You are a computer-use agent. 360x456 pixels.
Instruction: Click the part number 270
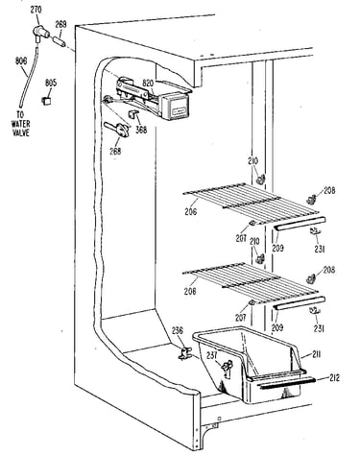click(x=36, y=10)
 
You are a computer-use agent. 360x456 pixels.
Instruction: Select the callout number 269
click(x=60, y=24)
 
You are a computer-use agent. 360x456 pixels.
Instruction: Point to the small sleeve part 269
click(x=59, y=41)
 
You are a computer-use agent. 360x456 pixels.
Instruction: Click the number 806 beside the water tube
click(x=21, y=60)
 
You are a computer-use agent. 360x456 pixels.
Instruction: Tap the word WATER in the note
click(x=21, y=124)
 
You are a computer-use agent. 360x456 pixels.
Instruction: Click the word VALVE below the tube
click(x=21, y=132)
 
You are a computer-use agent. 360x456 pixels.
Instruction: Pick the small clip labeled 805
click(x=47, y=101)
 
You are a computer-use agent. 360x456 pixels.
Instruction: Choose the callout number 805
click(x=51, y=84)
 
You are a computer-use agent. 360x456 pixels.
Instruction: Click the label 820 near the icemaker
click(x=149, y=84)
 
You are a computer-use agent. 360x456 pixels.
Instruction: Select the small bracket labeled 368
click(x=133, y=113)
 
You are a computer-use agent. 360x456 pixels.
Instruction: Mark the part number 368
click(x=141, y=130)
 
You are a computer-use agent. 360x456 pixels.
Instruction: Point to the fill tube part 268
click(x=117, y=129)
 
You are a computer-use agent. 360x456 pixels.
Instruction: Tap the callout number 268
click(x=115, y=151)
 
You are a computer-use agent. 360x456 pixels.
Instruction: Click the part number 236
click(x=178, y=330)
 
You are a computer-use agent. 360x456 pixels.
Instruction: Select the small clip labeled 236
click(x=184, y=353)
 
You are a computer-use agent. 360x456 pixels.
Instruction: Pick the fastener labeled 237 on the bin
click(x=228, y=368)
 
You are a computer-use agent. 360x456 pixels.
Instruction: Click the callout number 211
click(x=316, y=354)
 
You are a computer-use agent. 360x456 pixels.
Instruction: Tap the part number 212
click(x=334, y=378)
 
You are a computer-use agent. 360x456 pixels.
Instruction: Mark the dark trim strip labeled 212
click(x=287, y=382)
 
